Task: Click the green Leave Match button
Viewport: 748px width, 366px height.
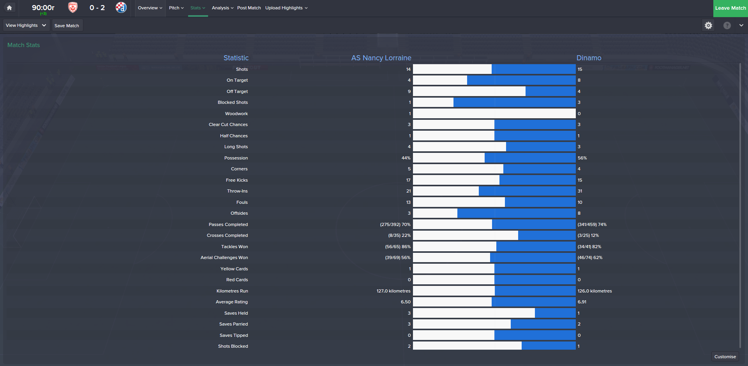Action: (730, 8)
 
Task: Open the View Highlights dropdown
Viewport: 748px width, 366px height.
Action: (26, 26)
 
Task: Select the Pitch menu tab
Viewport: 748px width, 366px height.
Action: (176, 8)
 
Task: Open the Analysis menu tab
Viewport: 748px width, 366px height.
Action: (222, 8)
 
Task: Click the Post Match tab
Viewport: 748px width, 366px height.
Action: (249, 8)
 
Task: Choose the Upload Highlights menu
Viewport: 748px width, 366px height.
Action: (286, 8)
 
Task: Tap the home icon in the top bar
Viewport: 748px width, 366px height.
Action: (9, 8)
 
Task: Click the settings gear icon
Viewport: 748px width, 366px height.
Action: (708, 26)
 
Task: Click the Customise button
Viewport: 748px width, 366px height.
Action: (725, 357)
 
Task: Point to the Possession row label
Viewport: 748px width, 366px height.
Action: (236, 158)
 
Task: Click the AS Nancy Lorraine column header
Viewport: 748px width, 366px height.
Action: (381, 58)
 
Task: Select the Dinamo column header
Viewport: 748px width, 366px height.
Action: (589, 58)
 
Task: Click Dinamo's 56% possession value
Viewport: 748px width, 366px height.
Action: (582, 158)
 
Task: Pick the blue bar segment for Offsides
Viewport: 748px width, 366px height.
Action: (516, 213)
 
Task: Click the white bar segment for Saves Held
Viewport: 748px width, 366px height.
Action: (474, 313)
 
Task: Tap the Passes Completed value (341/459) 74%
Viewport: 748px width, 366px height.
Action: (592, 224)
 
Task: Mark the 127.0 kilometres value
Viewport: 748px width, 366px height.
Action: (393, 291)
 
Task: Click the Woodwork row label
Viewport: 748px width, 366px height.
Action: (236, 114)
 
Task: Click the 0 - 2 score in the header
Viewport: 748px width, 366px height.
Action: (97, 8)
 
